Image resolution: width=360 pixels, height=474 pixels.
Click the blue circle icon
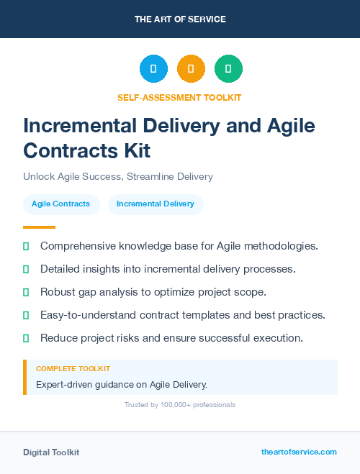coord(153,69)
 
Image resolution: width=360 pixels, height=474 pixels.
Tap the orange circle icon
coord(191,69)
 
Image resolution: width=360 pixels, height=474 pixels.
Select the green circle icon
coord(228,69)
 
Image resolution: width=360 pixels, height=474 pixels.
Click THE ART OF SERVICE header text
coord(180,19)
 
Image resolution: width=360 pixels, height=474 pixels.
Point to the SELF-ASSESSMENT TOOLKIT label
coord(180,97)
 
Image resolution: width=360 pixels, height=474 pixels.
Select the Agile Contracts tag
coord(60,204)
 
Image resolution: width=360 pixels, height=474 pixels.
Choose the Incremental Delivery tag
coord(156,204)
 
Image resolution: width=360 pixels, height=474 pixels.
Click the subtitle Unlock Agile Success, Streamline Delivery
coord(118,176)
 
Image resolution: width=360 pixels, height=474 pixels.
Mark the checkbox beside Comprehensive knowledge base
coord(26,246)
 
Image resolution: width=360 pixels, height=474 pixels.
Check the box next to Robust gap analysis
coord(26,292)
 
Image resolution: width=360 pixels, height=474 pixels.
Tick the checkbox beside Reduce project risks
coord(26,337)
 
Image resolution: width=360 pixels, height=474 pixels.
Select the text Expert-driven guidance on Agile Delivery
coord(122,384)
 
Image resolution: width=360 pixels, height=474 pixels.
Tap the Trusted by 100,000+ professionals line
coord(180,405)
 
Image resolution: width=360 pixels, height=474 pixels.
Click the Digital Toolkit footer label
coord(51,452)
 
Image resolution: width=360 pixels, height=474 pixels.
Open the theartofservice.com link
coord(299,452)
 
